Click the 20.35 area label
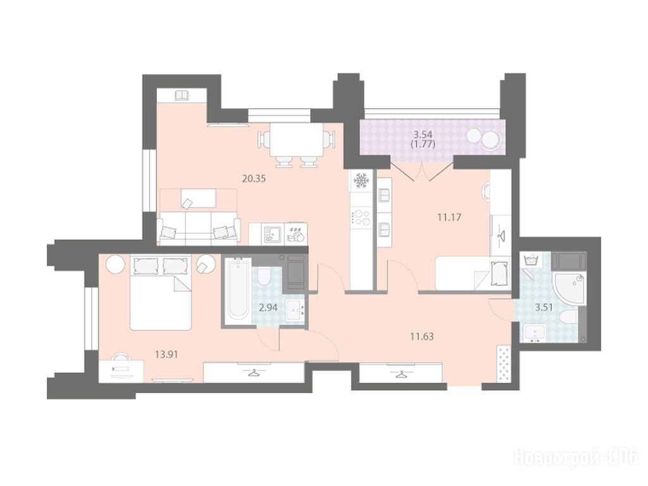click(x=254, y=178)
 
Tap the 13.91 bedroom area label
click(x=166, y=354)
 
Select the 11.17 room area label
click(x=449, y=216)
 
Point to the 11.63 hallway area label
click(x=421, y=337)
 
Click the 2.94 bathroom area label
click(x=268, y=308)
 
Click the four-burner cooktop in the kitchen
click(x=360, y=218)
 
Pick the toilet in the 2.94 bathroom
click(x=263, y=275)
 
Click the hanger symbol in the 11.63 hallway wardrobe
click(x=401, y=375)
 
